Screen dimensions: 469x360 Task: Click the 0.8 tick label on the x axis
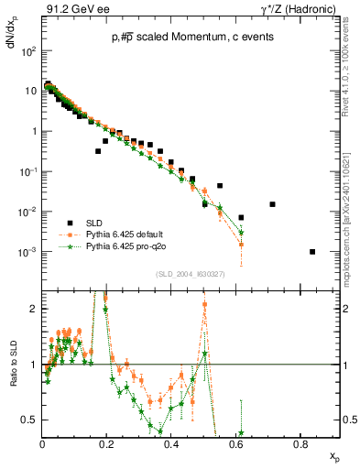(300, 443)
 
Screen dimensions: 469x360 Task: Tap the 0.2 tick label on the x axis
(106, 443)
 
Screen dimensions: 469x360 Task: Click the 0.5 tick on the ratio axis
(31, 420)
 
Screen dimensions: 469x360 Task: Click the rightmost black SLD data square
(312, 252)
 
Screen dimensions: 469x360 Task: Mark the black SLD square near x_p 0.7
(272, 204)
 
